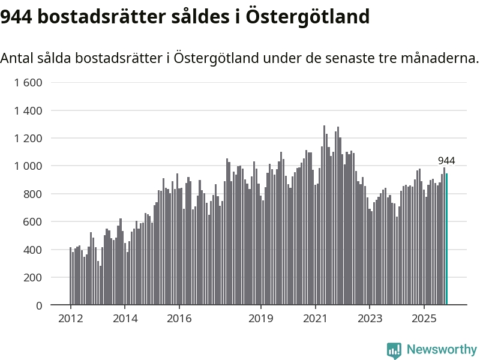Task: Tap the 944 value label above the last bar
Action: [446, 161]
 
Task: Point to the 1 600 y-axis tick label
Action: [28, 83]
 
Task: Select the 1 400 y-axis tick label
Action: [28, 110]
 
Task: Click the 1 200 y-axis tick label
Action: [28, 139]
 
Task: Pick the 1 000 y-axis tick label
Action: [28, 166]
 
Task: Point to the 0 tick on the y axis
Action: [39, 305]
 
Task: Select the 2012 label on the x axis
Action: [70, 318]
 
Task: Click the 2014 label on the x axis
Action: [125, 318]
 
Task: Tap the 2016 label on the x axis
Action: [179, 318]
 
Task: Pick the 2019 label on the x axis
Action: [260, 318]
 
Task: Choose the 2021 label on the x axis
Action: [315, 318]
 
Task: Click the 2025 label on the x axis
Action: [424, 318]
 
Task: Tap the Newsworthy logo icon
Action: [394, 350]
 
